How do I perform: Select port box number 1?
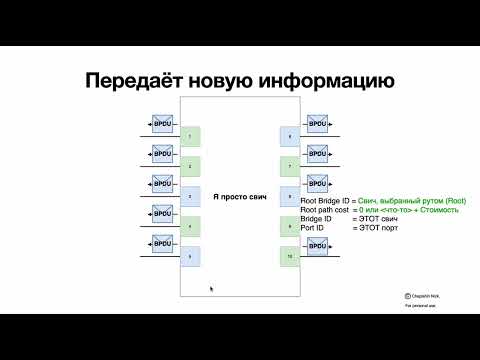pos(190,135)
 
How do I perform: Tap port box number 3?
pos(190,196)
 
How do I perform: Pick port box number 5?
pos(190,257)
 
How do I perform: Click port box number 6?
pos(290,136)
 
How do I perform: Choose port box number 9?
pos(290,227)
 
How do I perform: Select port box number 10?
pos(290,257)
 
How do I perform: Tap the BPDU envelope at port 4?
pos(160,214)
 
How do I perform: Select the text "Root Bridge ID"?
pos(324,203)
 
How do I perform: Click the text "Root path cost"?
pos(324,212)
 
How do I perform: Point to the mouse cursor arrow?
pos(210,288)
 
